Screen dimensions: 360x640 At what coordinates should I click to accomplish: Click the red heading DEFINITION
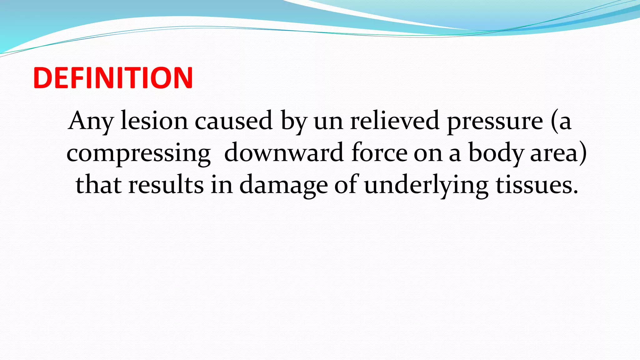pyautogui.click(x=113, y=78)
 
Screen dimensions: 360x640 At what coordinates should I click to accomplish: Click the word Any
pyautogui.click(x=91, y=121)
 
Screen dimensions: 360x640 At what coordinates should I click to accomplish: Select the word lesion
pyautogui.click(x=154, y=121)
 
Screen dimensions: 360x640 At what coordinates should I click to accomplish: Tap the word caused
pyautogui.click(x=233, y=121)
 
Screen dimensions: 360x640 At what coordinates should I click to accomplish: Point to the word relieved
pyautogui.click(x=395, y=121)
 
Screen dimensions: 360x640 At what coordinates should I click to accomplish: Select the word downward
pyautogui.click(x=284, y=153)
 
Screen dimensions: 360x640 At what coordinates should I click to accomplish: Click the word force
pyautogui.click(x=379, y=153)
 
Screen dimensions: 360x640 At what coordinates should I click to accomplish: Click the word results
pyautogui.click(x=166, y=185)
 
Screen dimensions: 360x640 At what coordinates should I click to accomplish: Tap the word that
pyautogui.click(x=98, y=185)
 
